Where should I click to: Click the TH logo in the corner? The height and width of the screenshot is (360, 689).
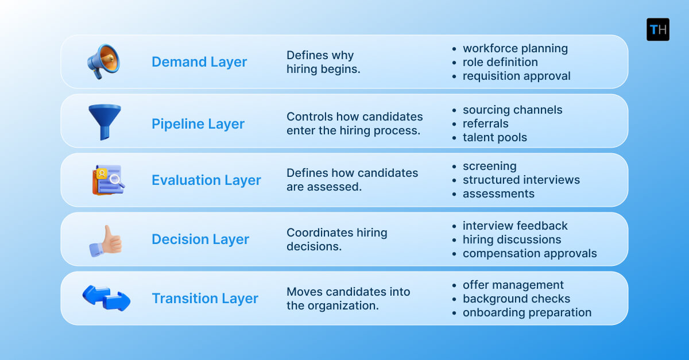click(x=657, y=29)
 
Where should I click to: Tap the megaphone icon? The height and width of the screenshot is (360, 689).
click(x=103, y=61)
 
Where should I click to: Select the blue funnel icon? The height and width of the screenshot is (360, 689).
click(x=104, y=122)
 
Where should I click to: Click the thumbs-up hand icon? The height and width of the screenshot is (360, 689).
click(x=106, y=239)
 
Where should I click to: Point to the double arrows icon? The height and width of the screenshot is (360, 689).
click(x=106, y=298)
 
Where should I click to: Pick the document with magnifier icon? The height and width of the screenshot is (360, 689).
click(x=108, y=180)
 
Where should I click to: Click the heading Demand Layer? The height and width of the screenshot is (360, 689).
click(x=199, y=62)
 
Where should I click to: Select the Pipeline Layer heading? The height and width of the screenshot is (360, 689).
click(x=198, y=124)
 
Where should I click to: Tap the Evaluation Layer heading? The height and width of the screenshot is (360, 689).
click(x=206, y=180)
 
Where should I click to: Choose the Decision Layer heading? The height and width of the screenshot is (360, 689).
click(x=200, y=239)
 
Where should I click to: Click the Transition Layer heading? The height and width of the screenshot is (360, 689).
click(x=205, y=299)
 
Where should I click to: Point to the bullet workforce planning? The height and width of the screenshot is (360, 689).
click(x=515, y=48)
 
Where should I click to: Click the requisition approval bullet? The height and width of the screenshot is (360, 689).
click(x=516, y=76)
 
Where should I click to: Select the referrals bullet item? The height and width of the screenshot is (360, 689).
click(x=485, y=123)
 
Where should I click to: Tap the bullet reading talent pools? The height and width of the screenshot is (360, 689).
click(x=494, y=137)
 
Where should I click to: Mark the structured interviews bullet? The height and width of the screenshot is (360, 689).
click(x=521, y=180)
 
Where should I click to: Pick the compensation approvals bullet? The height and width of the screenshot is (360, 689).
click(x=529, y=253)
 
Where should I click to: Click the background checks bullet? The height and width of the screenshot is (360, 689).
click(x=516, y=299)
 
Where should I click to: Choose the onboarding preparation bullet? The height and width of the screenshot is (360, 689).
click(x=527, y=312)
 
